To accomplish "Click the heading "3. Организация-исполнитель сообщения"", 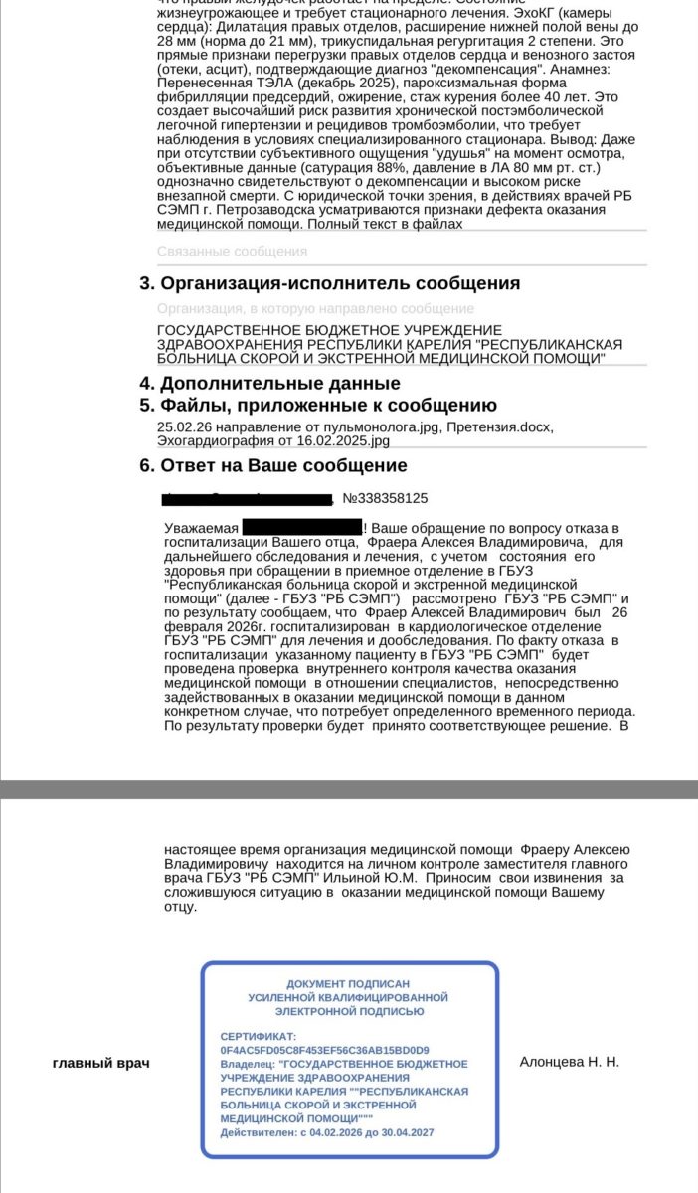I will click(329, 284).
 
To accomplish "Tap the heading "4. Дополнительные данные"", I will click(269, 384).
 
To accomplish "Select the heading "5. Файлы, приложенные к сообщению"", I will click(317, 406).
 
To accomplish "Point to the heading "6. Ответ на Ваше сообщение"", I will click(272, 466).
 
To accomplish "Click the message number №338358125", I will click(385, 498).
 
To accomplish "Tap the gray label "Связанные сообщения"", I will click(232, 252).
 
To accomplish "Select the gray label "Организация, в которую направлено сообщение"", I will click(315, 309).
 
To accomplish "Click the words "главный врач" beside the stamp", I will click(100, 1063).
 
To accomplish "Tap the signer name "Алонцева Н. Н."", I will click(569, 1062).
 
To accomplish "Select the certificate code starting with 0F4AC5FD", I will click(324, 1049).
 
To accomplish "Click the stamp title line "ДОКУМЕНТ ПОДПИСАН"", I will click(348, 983).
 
